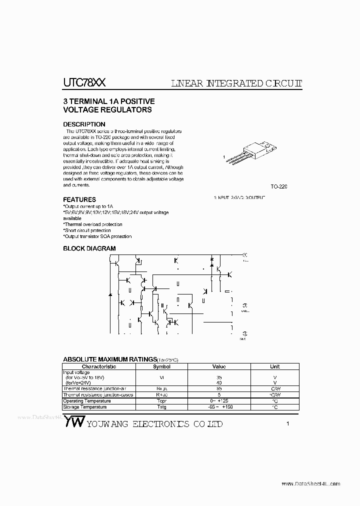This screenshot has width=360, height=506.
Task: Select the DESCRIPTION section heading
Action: (x=84, y=124)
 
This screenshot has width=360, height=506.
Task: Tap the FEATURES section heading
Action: (x=79, y=199)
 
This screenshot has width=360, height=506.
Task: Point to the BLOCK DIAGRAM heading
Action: (x=89, y=248)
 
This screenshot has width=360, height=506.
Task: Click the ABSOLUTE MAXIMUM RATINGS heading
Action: (x=109, y=359)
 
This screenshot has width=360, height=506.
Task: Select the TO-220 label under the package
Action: (x=279, y=186)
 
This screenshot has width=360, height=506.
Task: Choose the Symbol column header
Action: (x=161, y=366)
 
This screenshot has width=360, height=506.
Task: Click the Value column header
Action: (x=219, y=366)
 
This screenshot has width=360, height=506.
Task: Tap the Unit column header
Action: (x=275, y=366)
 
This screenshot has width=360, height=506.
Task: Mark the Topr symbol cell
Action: (x=161, y=401)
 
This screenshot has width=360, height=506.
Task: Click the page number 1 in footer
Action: (x=288, y=424)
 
